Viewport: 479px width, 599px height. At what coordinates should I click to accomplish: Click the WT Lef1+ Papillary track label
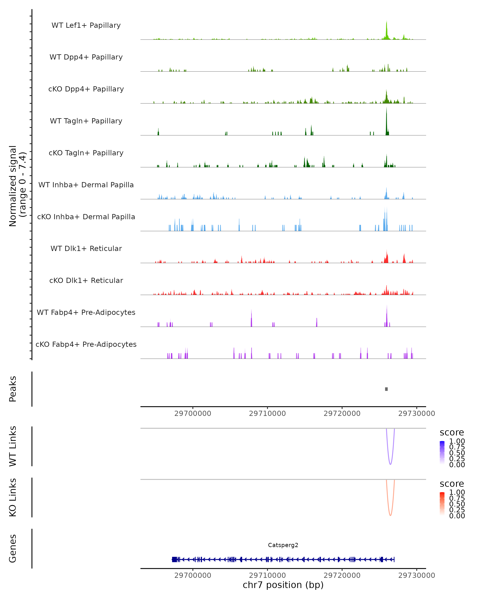click(86, 25)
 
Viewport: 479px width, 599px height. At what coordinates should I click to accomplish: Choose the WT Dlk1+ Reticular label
click(86, 248)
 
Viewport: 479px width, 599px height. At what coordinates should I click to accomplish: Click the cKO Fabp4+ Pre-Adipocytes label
click(86, 344)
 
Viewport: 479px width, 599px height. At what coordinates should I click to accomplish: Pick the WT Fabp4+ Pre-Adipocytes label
click(86, 312)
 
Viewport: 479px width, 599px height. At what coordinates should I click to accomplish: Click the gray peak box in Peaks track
click(386, 389)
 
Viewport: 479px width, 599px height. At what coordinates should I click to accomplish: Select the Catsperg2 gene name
click(283, 545)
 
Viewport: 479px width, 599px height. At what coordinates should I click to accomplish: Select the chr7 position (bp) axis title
click(283, 585)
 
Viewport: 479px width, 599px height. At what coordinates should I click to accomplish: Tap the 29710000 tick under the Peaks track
click(267, 414)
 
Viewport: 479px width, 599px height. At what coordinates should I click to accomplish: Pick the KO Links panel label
click(13, 497)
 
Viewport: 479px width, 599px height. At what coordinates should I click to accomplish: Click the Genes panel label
click(13, 548)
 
